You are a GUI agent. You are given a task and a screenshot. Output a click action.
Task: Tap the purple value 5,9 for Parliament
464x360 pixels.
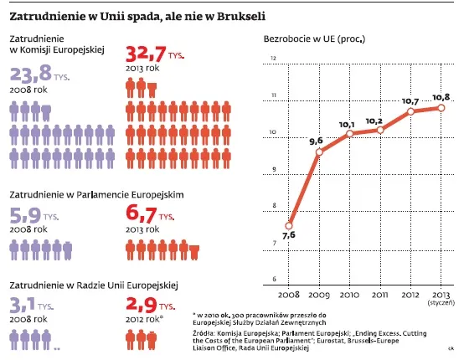coord(25,214)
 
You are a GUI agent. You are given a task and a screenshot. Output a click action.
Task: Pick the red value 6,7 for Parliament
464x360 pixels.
coord(141,214)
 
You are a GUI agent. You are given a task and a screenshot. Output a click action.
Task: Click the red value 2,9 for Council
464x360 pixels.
coord(141,305)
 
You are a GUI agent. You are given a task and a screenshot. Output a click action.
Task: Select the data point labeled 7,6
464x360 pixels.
coord(290,224)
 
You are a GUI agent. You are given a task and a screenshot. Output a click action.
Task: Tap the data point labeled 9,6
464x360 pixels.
coord(319,152)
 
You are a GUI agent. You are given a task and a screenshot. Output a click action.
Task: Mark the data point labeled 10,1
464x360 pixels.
coord(348,134)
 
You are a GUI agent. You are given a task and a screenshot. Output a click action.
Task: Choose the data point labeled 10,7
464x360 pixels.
coord(410,111)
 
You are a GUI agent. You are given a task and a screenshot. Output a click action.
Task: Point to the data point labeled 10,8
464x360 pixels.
coord(441,107)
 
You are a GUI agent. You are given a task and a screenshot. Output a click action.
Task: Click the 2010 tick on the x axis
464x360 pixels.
coord(350,296)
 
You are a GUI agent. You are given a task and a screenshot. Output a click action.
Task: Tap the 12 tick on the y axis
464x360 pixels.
coord(273,59)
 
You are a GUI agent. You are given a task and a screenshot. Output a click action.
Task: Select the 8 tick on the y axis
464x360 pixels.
coord(273,206)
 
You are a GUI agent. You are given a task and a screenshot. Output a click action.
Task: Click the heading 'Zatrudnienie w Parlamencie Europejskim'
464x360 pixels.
coord(95,193)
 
